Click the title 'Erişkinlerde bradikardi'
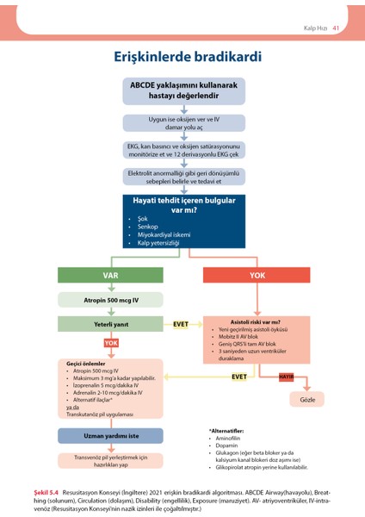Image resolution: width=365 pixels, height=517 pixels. (182, 57)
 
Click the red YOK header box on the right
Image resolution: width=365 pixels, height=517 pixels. (257, 275)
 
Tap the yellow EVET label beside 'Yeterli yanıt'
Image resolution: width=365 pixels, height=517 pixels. (182, 324)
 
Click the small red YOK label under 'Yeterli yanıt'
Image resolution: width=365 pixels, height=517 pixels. (111, 342)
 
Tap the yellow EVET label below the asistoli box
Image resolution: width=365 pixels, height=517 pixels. (238, 377)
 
